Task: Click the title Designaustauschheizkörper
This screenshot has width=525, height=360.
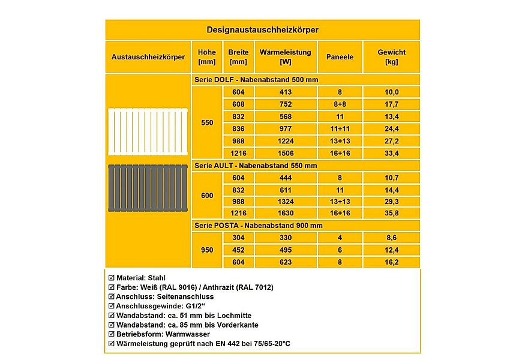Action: [x=262, y=29]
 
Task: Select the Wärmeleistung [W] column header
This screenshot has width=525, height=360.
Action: [x=285, y=57]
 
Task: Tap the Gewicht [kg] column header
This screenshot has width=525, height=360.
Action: [x=391, y=57]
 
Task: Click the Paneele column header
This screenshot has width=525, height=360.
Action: [x=340, y=57]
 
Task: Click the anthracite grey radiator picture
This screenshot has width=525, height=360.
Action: [x=148, y=188]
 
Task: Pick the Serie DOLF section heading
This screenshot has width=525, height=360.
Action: [x=256, y=80]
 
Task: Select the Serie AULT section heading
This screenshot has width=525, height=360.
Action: [x=256, y=165]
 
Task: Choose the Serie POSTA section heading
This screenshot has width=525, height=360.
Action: [x=259, y=225]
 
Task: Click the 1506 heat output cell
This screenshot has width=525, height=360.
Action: [x=285, y=153]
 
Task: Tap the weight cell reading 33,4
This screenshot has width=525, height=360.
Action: [x=391, y=153]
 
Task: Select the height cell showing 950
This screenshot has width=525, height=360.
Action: [x=207, y=250]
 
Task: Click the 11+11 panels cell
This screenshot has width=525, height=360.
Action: [x=340, y=128]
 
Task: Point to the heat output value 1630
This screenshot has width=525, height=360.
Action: [x=285, y=213]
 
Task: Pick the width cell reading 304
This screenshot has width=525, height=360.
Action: [x=238, y=238]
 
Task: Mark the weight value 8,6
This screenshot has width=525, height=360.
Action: [x=391, y=238]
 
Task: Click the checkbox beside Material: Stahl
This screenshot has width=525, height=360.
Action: [x=110, y=278]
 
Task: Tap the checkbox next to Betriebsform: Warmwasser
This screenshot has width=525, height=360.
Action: [x=110, y=334]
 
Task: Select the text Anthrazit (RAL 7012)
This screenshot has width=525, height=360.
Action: [x=236, y=287]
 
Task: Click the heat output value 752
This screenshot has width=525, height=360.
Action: [x=285, y=104]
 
